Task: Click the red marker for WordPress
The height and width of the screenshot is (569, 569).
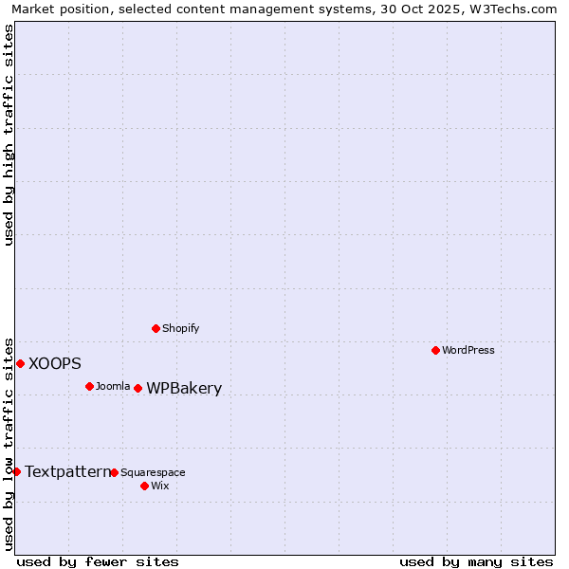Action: click(435, 350)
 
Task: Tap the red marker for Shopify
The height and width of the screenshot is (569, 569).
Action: click(156, 328)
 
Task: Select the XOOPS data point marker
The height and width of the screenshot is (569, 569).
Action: click(20, 363)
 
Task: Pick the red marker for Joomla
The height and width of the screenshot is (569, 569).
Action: click(89, 386)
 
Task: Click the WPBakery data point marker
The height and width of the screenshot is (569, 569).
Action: click(138, 388)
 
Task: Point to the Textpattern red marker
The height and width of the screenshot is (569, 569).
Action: click(16, 471)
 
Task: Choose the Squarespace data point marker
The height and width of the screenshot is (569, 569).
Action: click(114, 472)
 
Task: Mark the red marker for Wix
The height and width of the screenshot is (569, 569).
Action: click(144, 486)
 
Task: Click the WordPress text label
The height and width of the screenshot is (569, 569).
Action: click(468, 350)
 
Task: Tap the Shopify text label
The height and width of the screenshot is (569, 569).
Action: click(181, 328)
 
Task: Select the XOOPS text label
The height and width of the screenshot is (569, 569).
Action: click(55, 363)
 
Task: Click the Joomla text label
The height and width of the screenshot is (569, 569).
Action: click(113, 386)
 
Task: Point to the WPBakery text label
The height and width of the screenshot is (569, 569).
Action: click(184, 388)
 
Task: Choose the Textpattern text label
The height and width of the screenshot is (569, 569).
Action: click(67, 471)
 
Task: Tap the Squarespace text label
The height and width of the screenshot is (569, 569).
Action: click(153, 472)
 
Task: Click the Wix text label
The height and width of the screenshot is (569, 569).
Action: click(159, 486)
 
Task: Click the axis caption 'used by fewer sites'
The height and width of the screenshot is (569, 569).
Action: click(98, 561)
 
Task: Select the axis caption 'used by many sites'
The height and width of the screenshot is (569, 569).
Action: click(476, 561)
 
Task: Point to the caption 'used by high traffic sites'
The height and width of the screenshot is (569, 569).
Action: click(9, 135)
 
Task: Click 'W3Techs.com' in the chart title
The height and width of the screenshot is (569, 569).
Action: click(509, 9)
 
